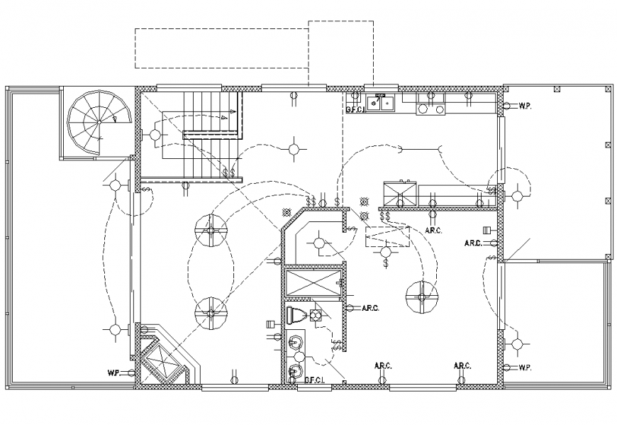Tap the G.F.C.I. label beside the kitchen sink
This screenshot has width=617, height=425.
tap(355, 110)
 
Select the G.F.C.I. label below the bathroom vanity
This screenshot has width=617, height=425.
tap(315, 380)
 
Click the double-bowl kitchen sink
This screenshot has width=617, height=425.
tap(384, 103)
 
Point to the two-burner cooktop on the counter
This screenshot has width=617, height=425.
tap(430, 104)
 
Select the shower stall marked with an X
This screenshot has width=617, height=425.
tap(312, 283)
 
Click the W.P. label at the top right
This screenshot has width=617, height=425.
tap(526, 106)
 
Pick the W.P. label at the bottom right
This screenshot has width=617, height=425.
tap(526, 368)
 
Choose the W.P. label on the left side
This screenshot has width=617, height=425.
tap(113, 372)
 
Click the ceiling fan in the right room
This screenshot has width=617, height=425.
tap(419, 296)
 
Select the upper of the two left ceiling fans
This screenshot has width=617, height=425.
tap(211, 231)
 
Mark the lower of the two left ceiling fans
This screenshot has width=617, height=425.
tap(211, 312)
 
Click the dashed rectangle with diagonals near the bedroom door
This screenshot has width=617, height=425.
tap(387, 236)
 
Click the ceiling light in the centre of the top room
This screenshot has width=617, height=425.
tap(294, 149)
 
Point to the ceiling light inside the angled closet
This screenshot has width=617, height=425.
tap(319, 244)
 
